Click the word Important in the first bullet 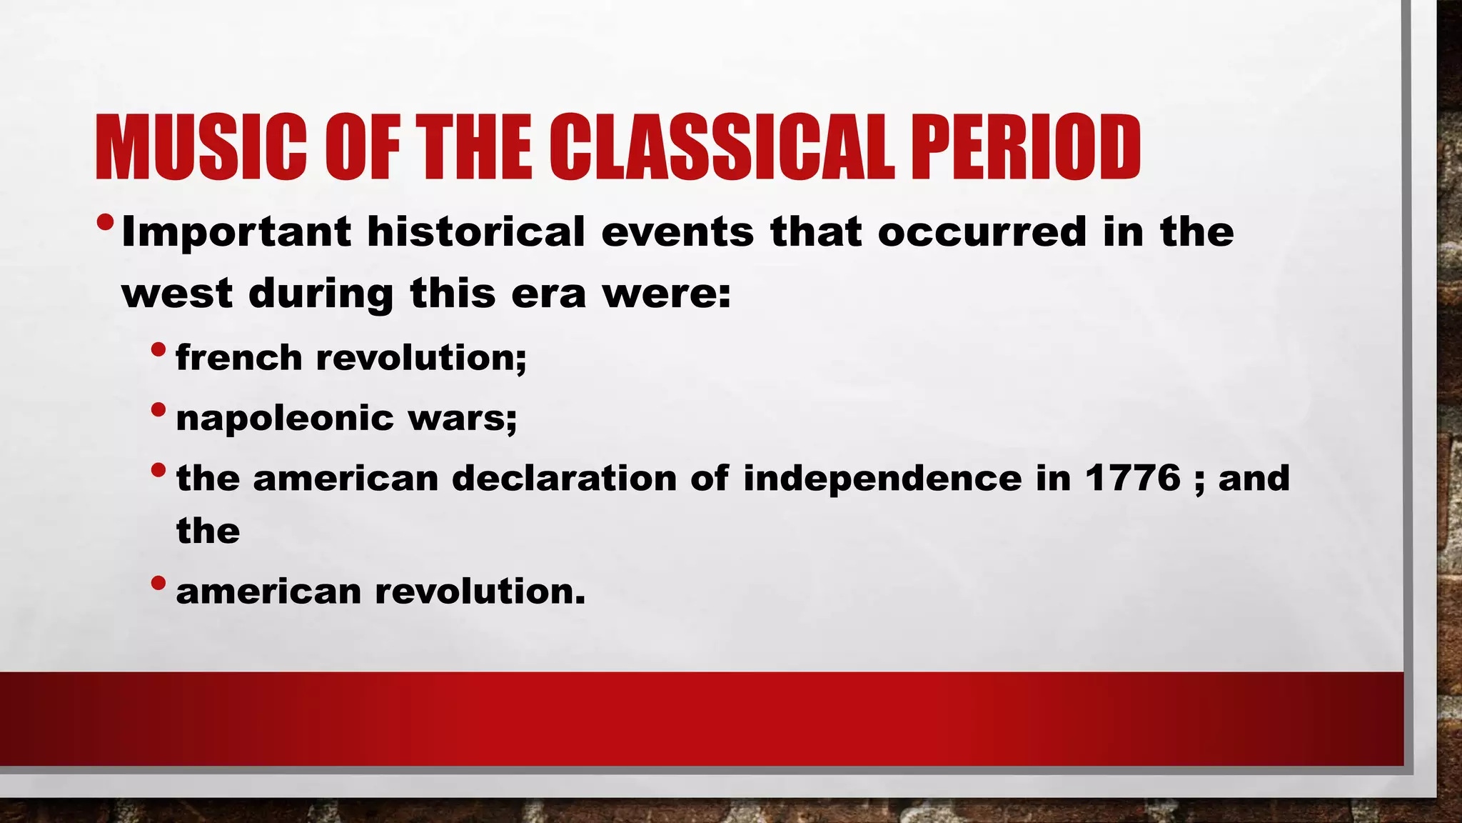236,233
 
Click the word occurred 982,233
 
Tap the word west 177,294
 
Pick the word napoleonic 284,419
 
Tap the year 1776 1133,477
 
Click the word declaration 564,477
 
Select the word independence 882,479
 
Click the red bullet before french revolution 158,350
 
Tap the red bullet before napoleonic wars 158,411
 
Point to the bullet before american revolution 158,584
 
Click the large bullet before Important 105,223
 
